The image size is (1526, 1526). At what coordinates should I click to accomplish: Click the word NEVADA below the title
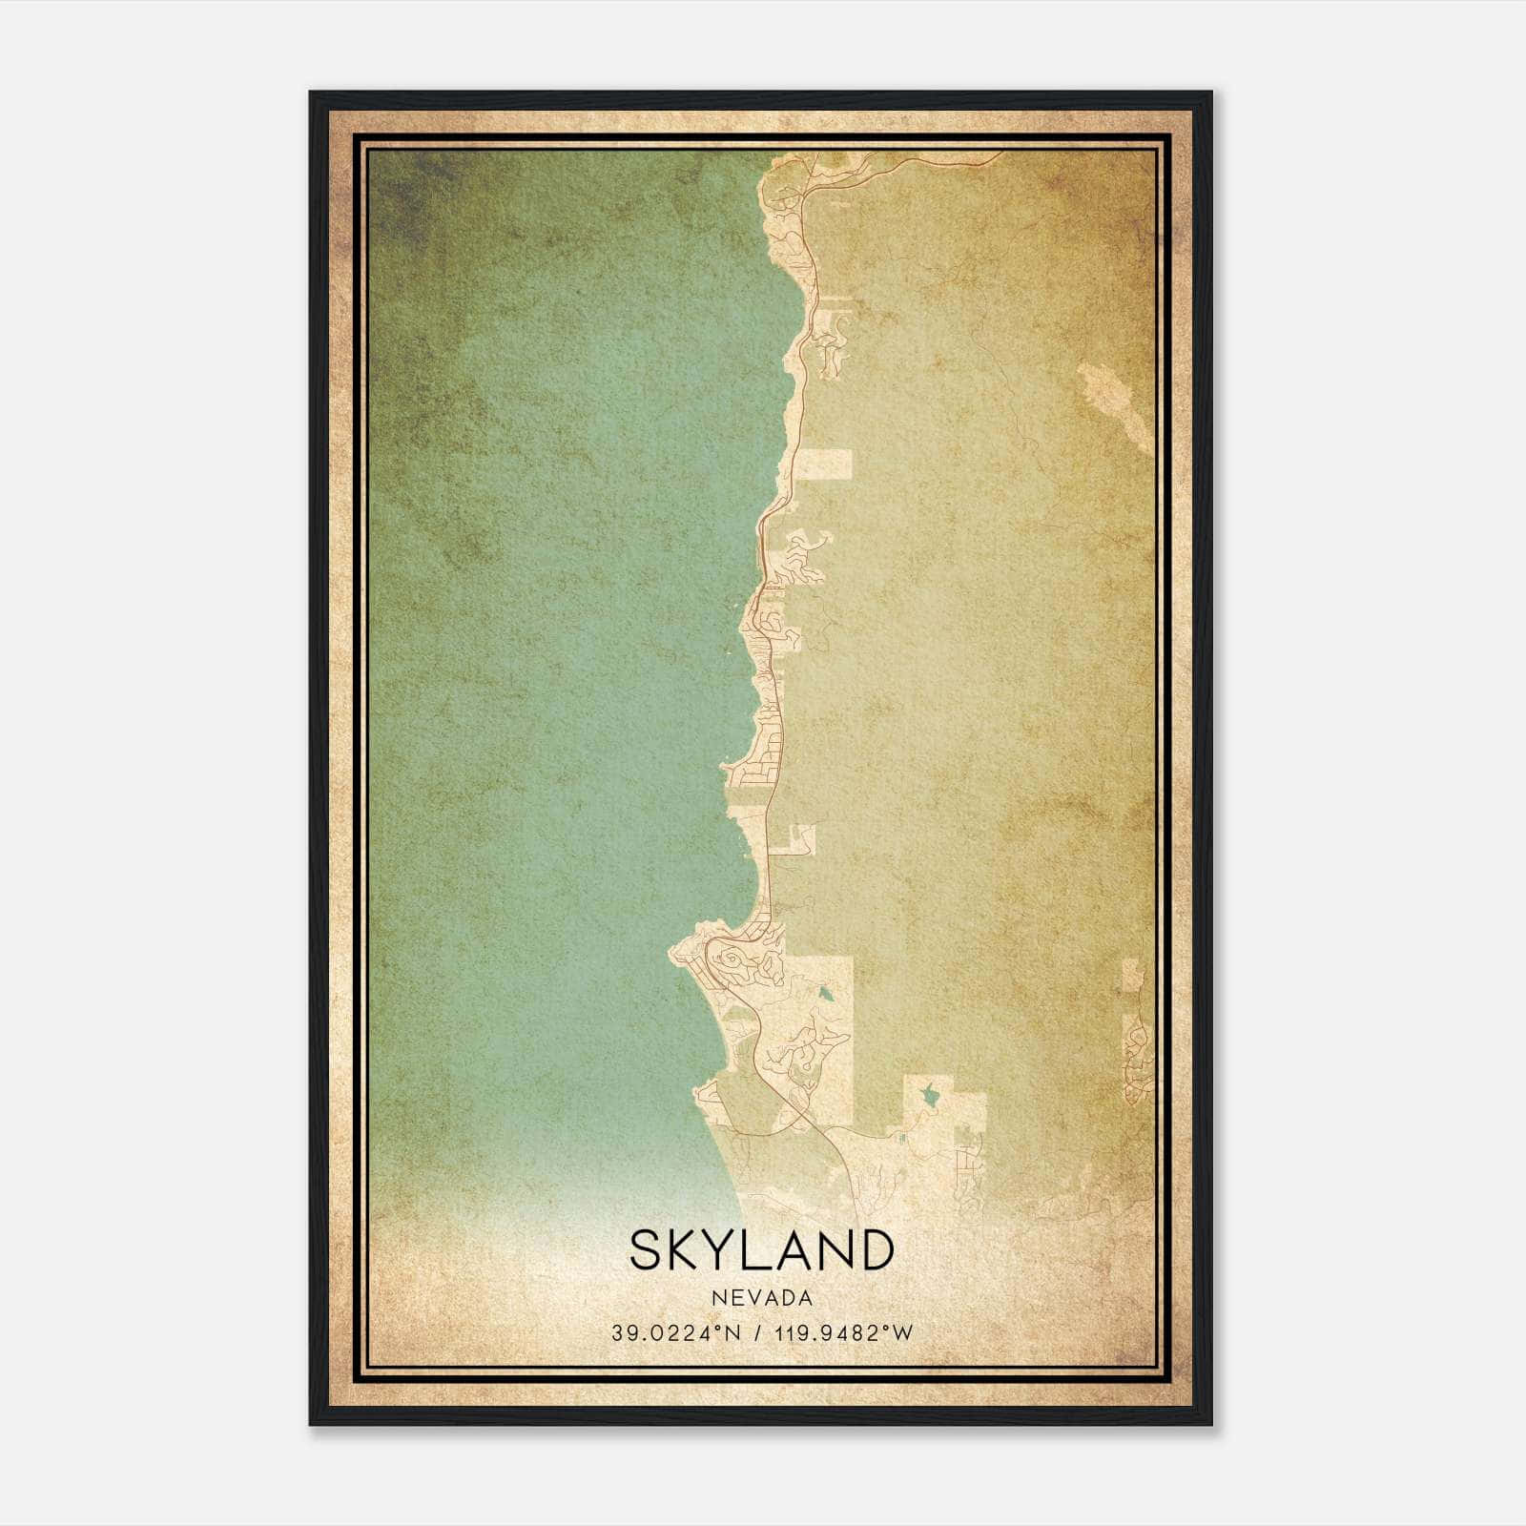tap(762, 1298)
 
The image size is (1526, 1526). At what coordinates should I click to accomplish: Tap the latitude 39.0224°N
tap(678, 1333)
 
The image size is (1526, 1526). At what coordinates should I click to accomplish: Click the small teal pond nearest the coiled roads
tap(823, 995)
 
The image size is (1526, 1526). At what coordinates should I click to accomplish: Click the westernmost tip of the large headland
tap(671, 952)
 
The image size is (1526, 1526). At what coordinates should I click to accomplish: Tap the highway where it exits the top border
tap(1000, 153)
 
